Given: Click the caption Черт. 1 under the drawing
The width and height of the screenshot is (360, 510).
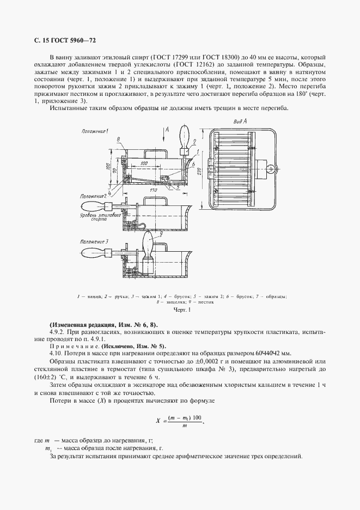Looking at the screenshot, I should (x=180, y=310).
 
